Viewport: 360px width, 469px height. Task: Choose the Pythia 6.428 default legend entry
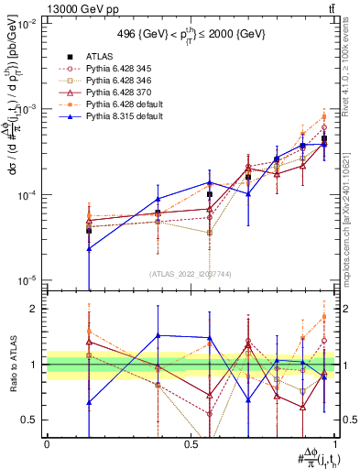[x=125, y=104]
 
